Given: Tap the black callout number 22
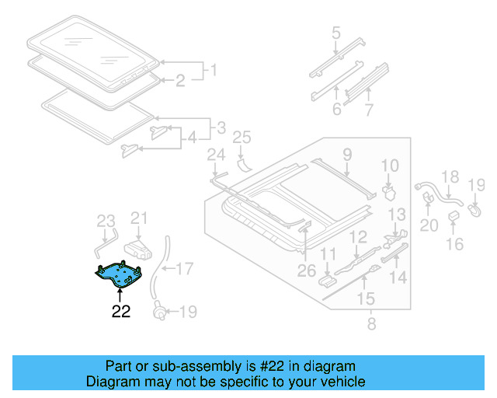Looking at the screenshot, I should tap(121, 312).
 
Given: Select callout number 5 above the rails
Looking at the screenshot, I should tap(336, 33).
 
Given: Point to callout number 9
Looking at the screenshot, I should tap(347, 154).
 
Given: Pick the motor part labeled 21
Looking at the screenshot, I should tap(138, 248).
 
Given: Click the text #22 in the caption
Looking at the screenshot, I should tap(296, 366).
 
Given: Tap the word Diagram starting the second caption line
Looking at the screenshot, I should tap(110, 382).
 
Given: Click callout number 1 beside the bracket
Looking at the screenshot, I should tap(208, 72).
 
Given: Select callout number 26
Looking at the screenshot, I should tap(307, 271).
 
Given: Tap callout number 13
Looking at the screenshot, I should tap(397, 214).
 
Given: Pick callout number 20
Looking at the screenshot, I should tap(429, 225).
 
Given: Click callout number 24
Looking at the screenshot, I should tap(215, 155).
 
